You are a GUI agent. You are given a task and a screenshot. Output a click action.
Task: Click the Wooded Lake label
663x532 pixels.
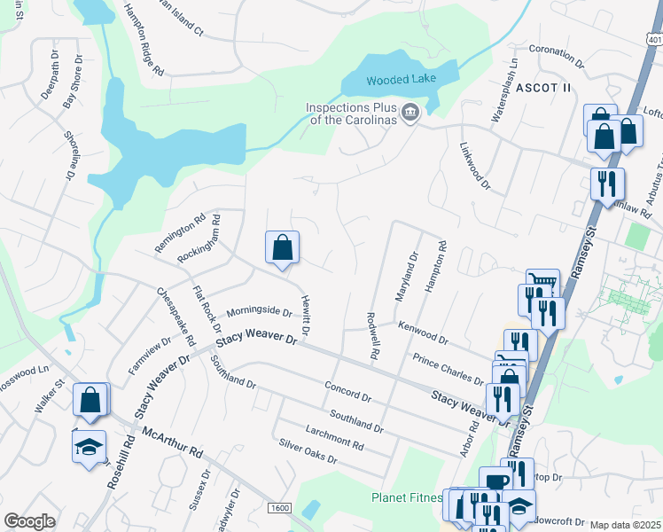[399, 81]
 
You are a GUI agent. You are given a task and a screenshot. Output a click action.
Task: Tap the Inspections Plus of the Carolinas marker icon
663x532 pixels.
[410, 112]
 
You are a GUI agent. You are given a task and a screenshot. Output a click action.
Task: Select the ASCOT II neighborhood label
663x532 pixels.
[543, 88]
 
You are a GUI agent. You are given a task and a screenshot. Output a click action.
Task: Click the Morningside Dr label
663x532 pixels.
[259, 312]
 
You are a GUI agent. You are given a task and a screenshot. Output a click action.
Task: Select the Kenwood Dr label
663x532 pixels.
[423, 332]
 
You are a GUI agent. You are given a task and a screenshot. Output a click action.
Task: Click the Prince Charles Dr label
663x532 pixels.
[448, 369]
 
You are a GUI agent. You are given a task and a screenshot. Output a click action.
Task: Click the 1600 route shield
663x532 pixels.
[280, 508]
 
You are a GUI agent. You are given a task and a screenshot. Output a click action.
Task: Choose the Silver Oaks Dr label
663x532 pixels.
[308, 451]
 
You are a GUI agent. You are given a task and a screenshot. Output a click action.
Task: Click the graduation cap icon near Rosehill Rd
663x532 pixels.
[89, 445]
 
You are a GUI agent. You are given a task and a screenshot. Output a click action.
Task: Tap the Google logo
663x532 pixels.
[29, 521]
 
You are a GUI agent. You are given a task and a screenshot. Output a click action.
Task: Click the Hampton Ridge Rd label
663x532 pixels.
[144, 39]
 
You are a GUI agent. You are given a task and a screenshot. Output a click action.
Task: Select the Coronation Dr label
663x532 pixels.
[558, 57]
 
